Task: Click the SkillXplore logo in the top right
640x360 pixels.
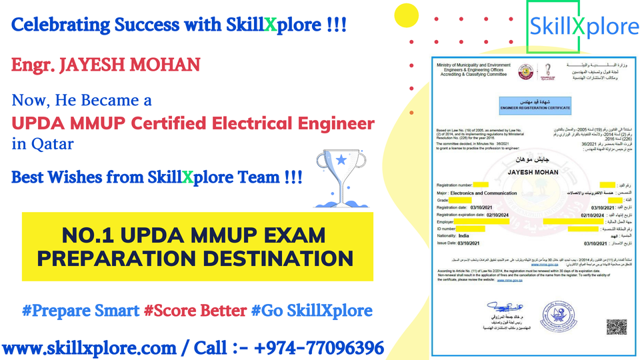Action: click(x=583, y=26)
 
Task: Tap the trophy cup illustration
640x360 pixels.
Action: click(x=340, y=177)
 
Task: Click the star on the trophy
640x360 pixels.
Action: click(x=341, y=161)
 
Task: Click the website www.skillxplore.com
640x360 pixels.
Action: click(x=93, y=347)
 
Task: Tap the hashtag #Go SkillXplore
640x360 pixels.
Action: click(x=311, y=311)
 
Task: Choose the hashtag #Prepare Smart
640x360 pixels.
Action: click(x=80, y=311)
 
